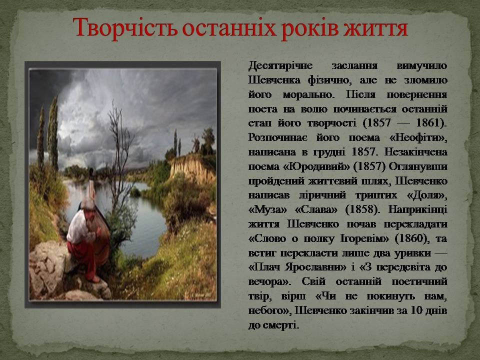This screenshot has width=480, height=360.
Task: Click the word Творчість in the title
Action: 125,28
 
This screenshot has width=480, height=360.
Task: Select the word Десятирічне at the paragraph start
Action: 280,66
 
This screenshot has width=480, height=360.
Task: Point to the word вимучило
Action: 422,66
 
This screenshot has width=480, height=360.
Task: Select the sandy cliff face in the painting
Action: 191,168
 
